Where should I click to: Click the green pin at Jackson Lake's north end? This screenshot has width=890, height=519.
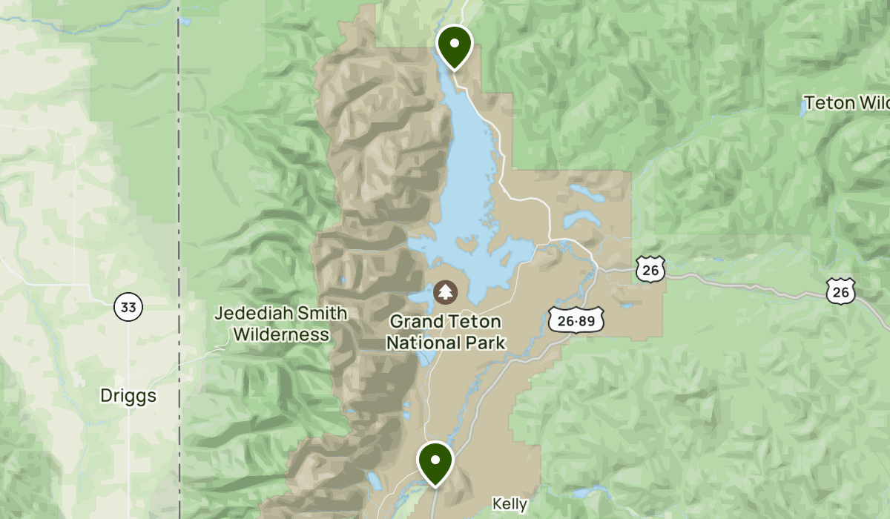pyautogui.click(x=455, y=46)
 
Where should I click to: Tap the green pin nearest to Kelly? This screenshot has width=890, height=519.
pyautogui.click(x=435, y=462)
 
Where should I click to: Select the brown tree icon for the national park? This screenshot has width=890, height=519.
pyautogui.click(x=446, y=292)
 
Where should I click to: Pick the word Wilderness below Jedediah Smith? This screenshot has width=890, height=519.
pyautogui.click(x=281, y=334)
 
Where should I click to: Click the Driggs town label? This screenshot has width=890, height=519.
pyautogui.click(x=128, y=396)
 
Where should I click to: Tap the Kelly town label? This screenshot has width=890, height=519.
pyautogui.click(x=510, y=505)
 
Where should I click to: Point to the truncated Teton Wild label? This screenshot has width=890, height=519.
pyautogui.click(x=846, y=102)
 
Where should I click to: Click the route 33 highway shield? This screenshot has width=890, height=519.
pyautogui.click(x=128, y=307)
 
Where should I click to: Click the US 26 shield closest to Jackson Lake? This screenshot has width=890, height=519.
pyautogui.click(x=650, y=270)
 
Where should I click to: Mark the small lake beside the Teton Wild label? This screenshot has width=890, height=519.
pyautogui.click(x=803, y=108)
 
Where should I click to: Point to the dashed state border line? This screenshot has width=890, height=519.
pyautogui.click(x=179, y=222)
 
